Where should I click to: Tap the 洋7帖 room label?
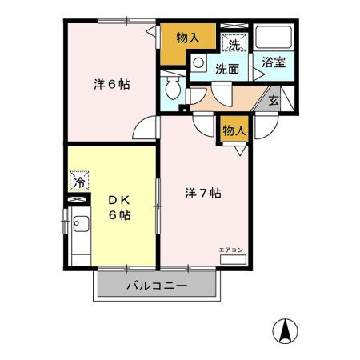click(203, 193)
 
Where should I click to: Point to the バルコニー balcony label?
click(156, 286)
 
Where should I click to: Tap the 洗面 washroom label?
click(226, 69)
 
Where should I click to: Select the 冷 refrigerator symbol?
click(79, 181)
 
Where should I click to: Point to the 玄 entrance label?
click(274, 101)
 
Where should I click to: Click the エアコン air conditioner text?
click(232, 250)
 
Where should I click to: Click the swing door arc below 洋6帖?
click(146, 128)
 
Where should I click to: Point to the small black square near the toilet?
click(183, 108)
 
